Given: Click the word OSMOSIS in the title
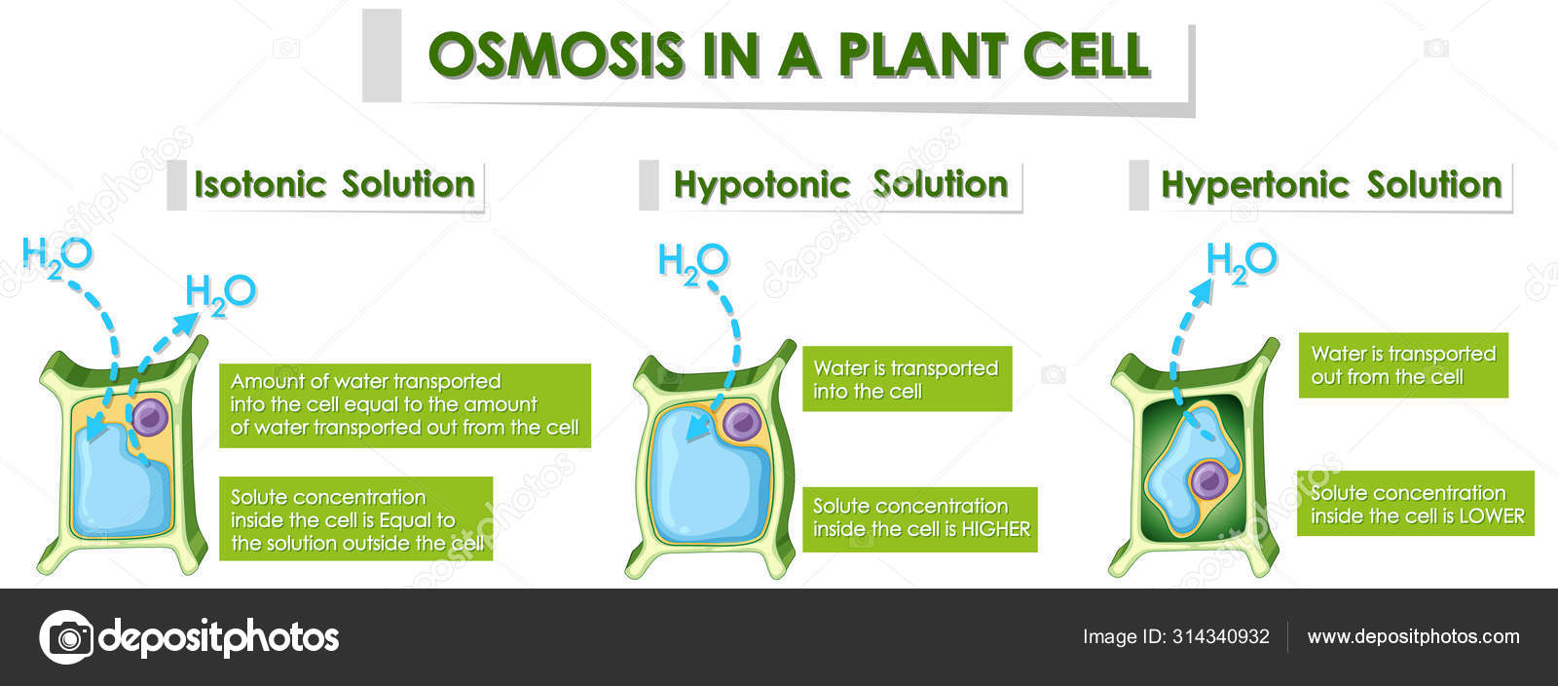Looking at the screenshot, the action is [556, 55].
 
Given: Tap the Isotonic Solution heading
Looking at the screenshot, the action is [335, 184].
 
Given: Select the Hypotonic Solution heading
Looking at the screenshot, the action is [841, 186].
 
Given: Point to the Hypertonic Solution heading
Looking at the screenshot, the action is [1331, 186].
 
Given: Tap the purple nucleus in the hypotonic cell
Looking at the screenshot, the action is [742, 422].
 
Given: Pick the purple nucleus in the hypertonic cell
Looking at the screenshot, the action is [1208, 480].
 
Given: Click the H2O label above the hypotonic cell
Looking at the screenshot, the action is [693, 264].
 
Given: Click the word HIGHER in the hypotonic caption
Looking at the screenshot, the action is [995, 529].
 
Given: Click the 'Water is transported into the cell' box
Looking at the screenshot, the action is [907, 379].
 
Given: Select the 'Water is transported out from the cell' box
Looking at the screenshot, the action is [1403, 365].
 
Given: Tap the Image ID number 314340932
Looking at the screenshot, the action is [1221, 636].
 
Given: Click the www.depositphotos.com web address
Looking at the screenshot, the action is [1413, 636].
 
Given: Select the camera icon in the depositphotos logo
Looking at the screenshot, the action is [67, 637].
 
